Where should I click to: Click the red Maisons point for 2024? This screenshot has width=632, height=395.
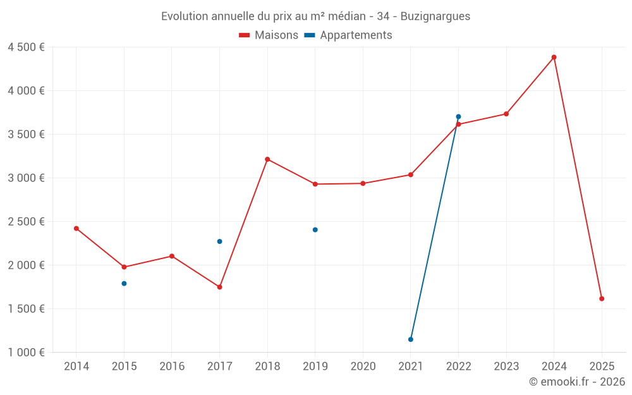(554, 57)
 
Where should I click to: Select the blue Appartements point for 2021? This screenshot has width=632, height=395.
(411, 339)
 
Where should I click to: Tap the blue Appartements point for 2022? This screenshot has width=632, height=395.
(458, 116)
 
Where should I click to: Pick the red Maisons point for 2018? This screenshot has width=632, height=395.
(267, 159)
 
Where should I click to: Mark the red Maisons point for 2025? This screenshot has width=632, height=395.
(602, 298)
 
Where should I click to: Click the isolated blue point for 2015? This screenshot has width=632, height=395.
(124, 283)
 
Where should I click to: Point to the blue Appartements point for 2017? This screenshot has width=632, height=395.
(219, 241)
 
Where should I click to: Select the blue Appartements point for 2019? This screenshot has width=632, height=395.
(315, 229)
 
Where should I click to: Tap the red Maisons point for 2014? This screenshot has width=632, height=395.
(76, 228)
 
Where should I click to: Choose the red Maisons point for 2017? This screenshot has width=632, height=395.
(219, 287)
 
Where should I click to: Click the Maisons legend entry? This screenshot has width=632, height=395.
(269, 35)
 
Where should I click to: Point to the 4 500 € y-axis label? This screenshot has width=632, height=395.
(26, 47)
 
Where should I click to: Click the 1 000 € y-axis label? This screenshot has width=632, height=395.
(26, 353)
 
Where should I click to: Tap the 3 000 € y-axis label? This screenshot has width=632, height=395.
(26, 178)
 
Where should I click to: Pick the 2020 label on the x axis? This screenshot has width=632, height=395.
(363, 367)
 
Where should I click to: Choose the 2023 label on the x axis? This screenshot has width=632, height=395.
(506, 367)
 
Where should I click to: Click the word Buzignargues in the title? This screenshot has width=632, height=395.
(435, 16)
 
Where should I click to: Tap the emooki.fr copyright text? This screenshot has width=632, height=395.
(577, 382)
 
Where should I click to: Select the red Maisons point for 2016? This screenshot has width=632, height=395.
(172, 256)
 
